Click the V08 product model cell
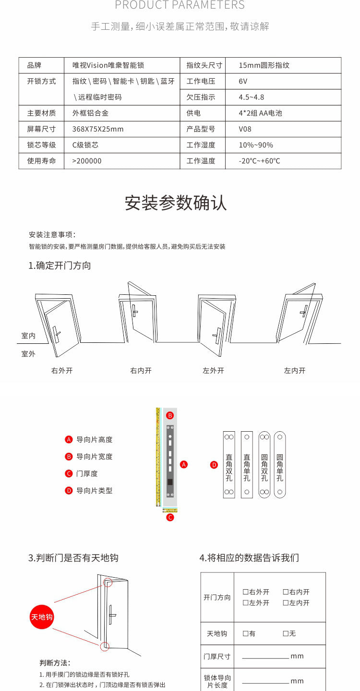(x=245, y=129)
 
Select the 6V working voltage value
(x=243, y=81)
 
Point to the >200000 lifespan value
(x=87, y=161)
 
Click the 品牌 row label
(x=35, y=65)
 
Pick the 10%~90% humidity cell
(x=256, y=145)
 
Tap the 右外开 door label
(x=62, y=371)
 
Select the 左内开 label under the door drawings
(x=295, y=371)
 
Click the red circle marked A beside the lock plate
(x=184, y=464)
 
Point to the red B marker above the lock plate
(x=169, y=415)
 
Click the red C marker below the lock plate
(x=169, y=517)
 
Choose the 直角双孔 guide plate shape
(x=229, y=464)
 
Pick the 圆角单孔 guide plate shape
(x=280, y=464)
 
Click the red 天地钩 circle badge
(x=42, y=617)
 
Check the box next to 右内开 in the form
(x=286, y=592)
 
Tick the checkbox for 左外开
(x=245, y=603)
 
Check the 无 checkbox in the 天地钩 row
(x=286, y=634)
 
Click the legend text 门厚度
(x=87, y=473)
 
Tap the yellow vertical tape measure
(x=158, y=456)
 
